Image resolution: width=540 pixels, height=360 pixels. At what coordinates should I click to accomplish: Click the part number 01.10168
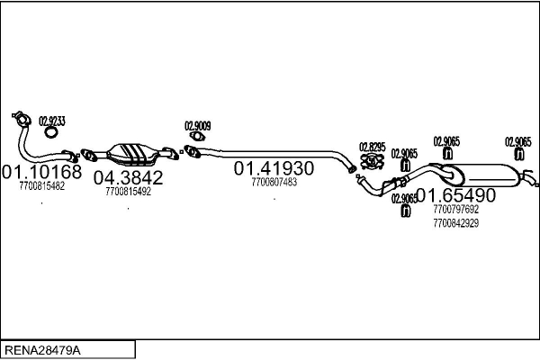point(42,172)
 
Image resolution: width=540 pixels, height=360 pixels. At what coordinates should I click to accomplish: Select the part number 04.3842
point(128,178)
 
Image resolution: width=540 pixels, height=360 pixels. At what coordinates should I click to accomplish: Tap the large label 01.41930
point(274,168)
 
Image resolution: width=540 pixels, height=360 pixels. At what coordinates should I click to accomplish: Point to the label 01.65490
point(456,195)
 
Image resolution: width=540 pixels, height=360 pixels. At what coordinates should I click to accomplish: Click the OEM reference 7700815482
point(42,186)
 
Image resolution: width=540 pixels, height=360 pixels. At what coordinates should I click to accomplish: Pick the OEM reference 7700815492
point(128,192)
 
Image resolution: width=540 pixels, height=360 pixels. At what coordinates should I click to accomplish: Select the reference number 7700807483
point(274,182)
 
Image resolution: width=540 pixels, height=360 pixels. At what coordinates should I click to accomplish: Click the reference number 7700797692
point(456,209)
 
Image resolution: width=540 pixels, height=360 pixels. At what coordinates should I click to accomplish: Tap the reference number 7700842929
point(456,223)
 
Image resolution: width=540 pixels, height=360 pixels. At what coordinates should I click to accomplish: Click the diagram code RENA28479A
point(42,350)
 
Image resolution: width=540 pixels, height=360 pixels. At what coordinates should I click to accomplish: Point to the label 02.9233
point(52,121)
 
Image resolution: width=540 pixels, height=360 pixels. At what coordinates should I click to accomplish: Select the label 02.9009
point(198,126)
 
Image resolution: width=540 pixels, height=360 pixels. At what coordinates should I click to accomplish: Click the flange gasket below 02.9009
point(197,137)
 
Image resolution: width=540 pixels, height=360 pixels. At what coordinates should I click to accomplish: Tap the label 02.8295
point(373,147)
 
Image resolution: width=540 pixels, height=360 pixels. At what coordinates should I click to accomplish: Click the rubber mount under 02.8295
point(373,162)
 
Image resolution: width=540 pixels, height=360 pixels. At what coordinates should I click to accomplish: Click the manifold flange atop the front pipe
point(22,119)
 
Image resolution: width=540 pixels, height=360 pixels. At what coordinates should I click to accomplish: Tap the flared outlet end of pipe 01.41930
point(352,169)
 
